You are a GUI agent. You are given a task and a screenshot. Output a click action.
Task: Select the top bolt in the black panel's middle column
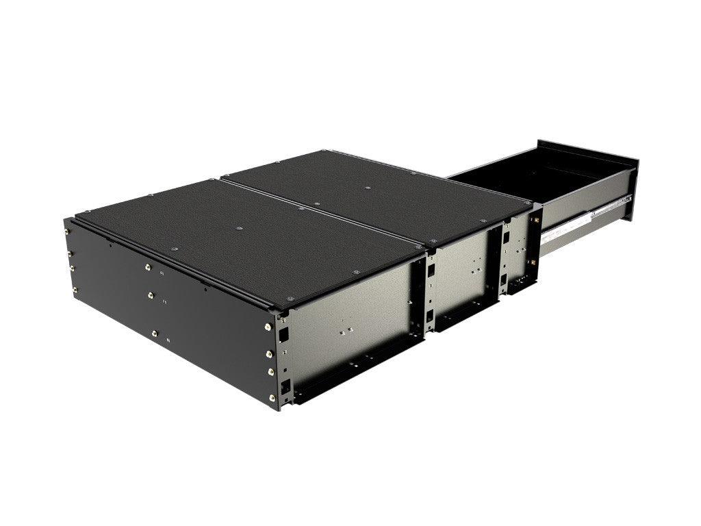pos(146,268)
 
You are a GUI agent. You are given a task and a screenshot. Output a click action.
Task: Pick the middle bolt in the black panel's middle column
pos(151,295)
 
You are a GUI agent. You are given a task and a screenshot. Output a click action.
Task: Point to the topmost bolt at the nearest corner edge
pos(268,326)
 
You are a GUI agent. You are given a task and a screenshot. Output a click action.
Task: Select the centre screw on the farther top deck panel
pos(367,187)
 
